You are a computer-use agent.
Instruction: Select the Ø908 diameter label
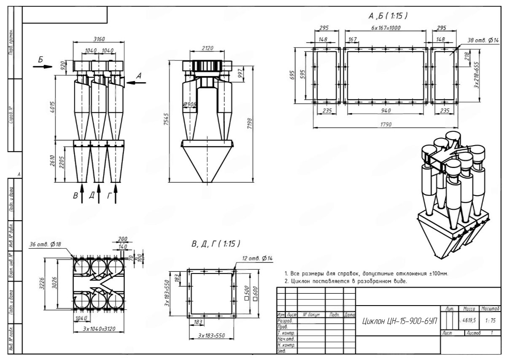(x=190, y=104)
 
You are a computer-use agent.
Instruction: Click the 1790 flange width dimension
(x=385, y=125)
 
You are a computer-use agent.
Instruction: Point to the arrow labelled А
(x=135, y=83)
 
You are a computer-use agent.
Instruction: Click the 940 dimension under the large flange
(x=385, y=111)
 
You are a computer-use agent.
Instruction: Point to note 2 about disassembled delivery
(x=346, y=281)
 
